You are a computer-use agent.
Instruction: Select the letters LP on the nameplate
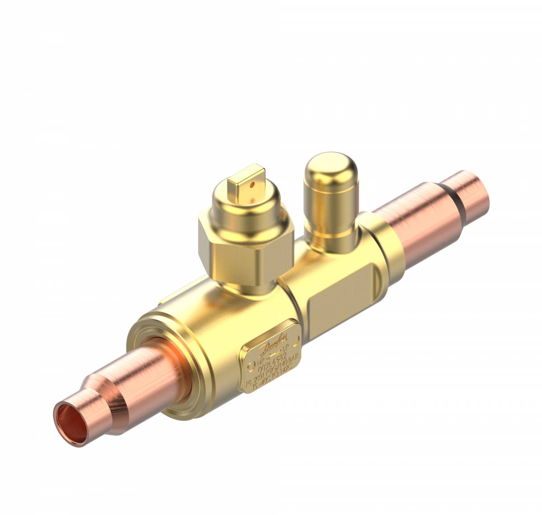pos(285,349)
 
